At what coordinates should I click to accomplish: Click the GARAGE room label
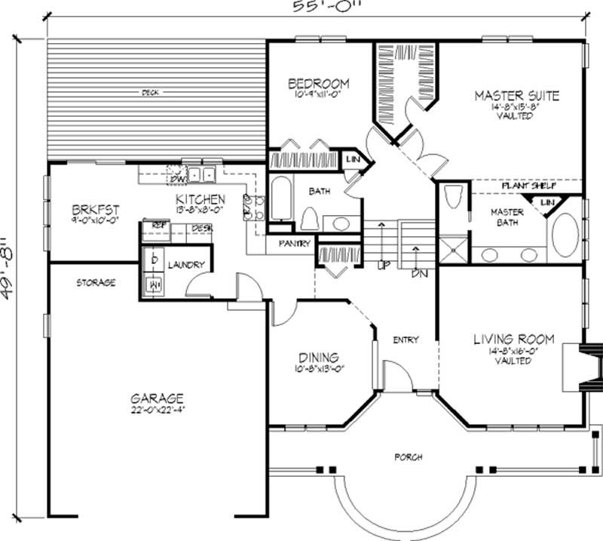157,398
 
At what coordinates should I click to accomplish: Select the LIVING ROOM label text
513,340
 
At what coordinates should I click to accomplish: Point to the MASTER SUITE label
516,96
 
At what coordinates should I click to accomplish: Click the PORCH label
408,457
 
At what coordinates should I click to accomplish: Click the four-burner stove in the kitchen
252,206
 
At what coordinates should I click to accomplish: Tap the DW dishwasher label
178,179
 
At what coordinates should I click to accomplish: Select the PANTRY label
289,244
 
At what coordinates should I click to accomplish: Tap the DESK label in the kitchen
200,227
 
